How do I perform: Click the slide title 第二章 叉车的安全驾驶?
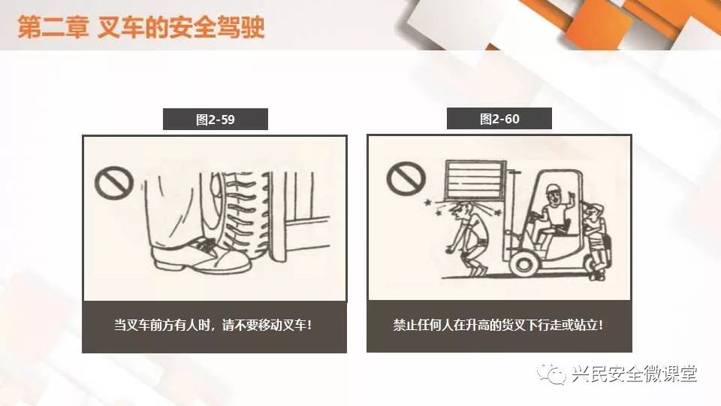[141, 26]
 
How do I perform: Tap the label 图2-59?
[216, 120]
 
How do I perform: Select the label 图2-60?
[499, 120]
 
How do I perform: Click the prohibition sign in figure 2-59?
[114, 183]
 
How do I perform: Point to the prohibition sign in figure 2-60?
[406, 178]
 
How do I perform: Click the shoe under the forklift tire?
[201, 256]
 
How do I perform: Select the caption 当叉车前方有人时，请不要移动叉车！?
[213, 325]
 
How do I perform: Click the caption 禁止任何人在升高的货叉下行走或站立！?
[499, 325]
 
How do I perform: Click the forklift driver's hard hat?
[551, 189]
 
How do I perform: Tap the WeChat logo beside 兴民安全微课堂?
[551, 374]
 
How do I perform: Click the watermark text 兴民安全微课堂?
[635, 374]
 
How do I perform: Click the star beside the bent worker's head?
[429, 202]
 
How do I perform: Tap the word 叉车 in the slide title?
[120, 27]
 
